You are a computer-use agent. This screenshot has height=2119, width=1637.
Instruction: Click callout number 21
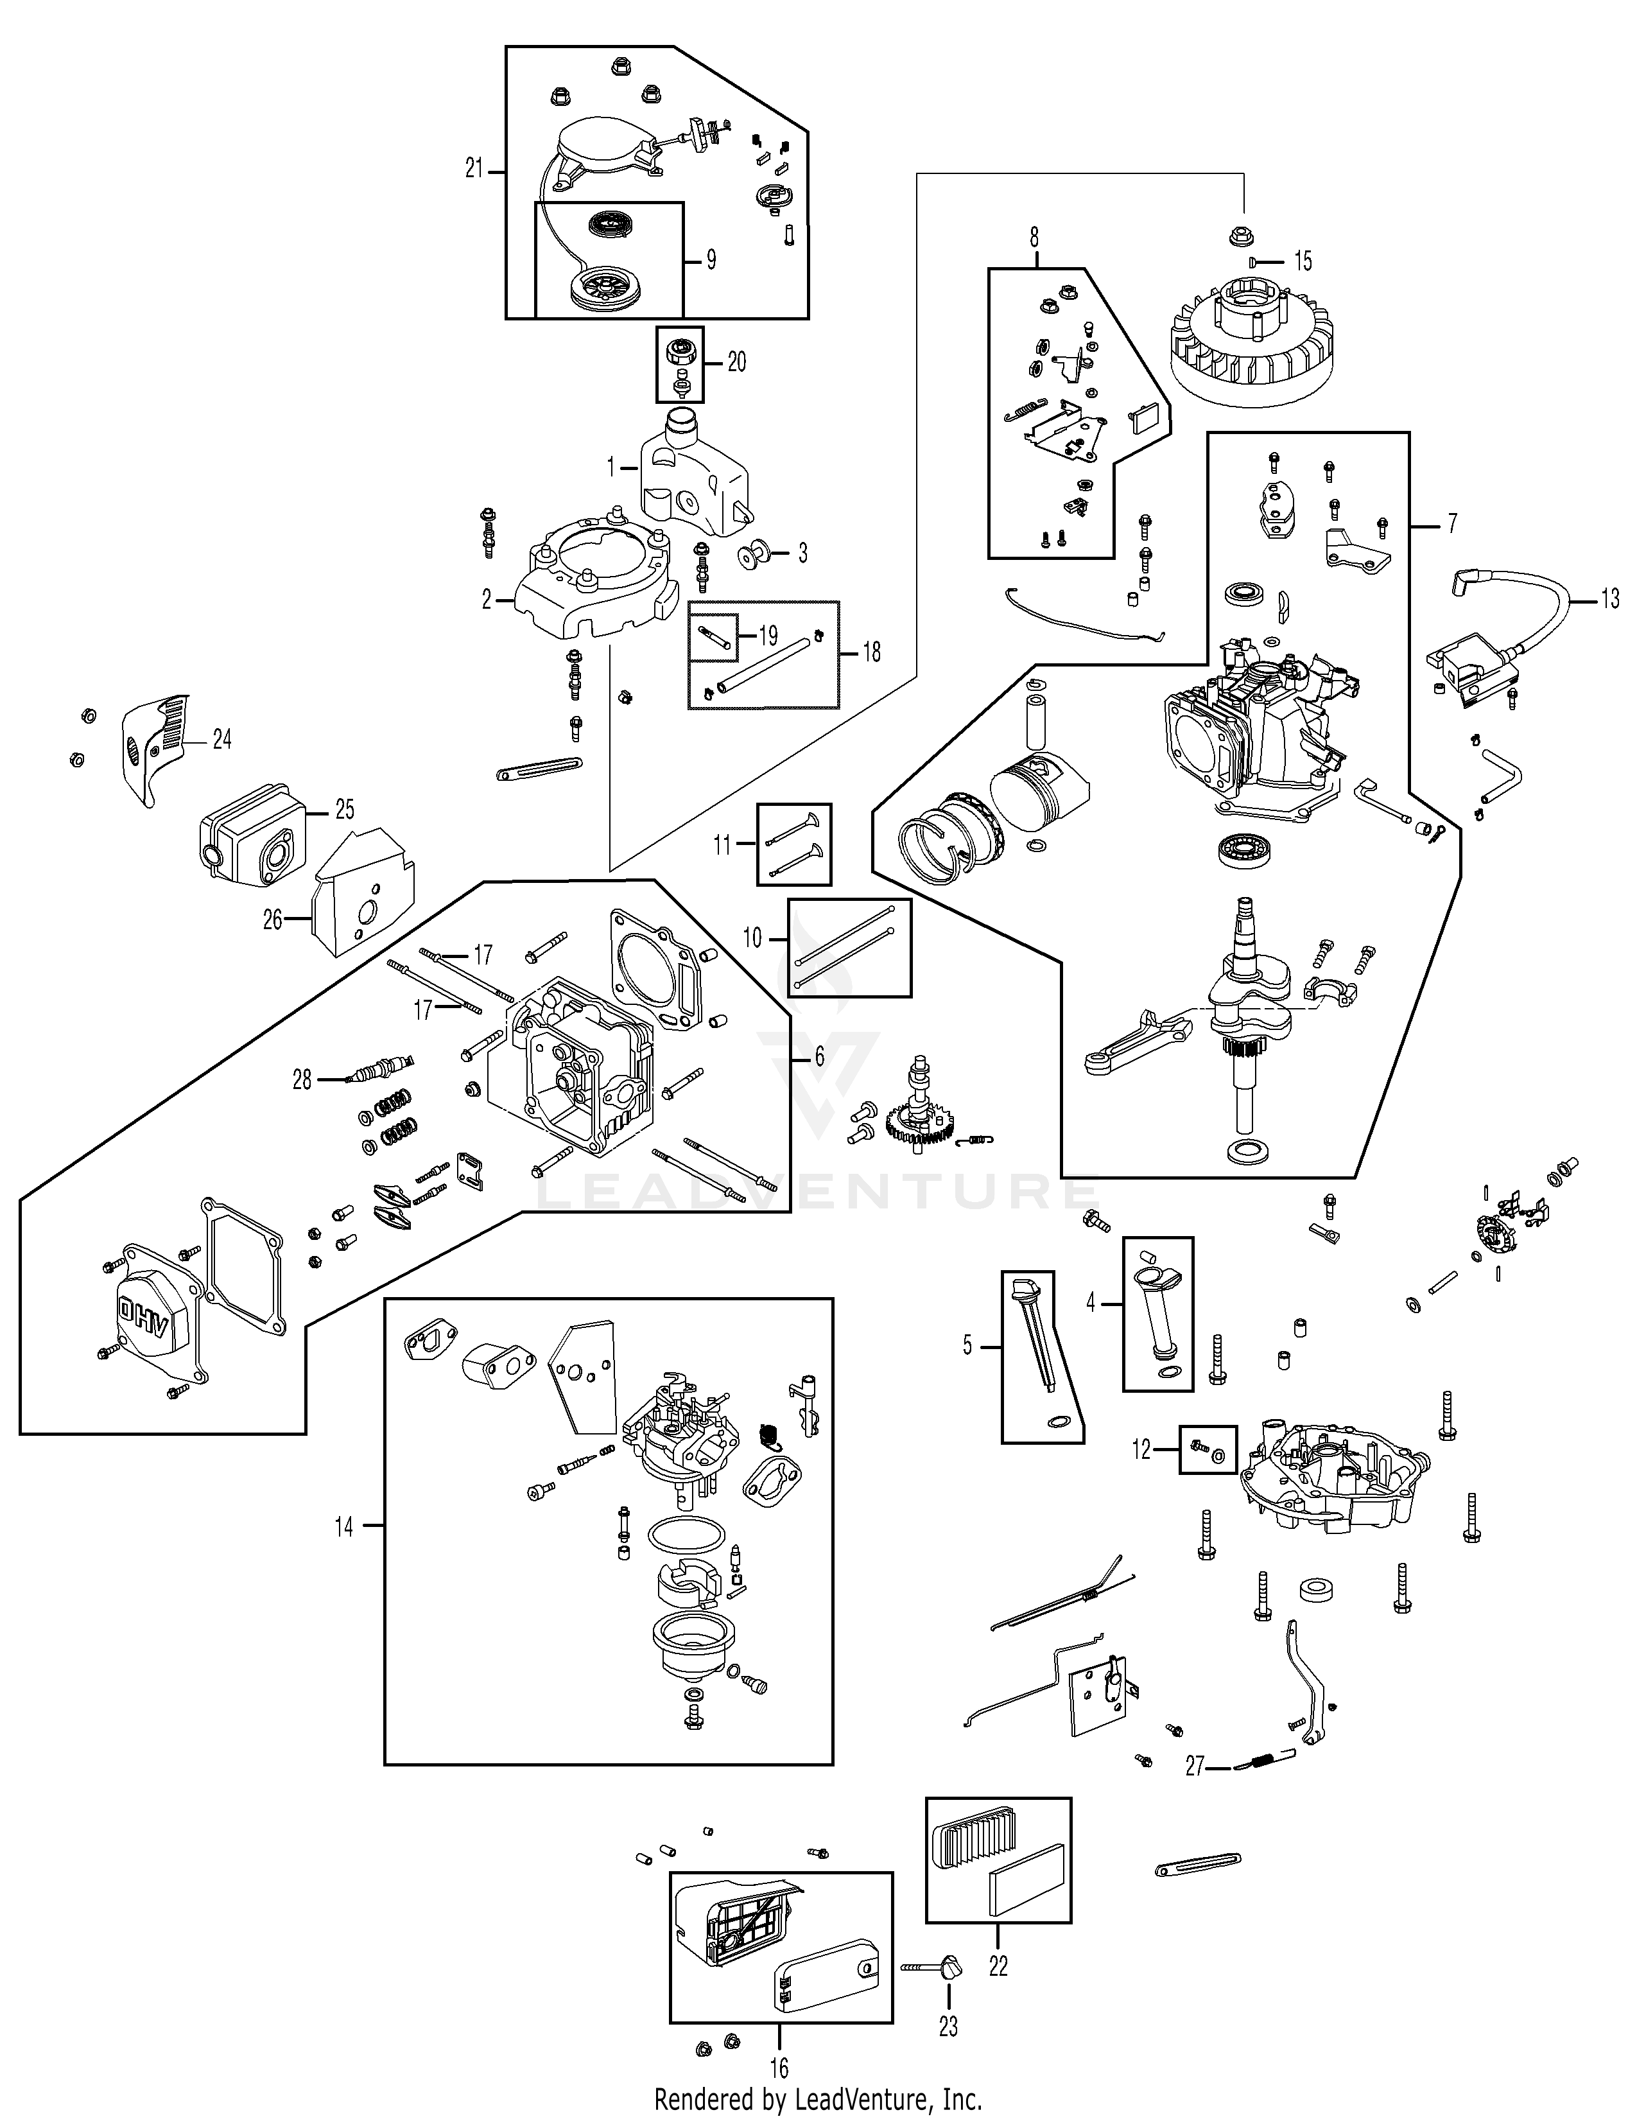[473, 170]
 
